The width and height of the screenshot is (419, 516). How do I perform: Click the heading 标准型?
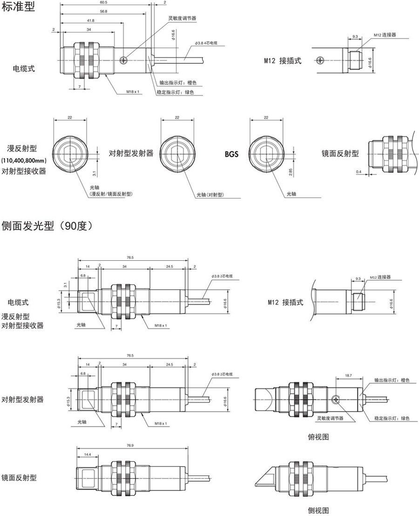pos(18,7)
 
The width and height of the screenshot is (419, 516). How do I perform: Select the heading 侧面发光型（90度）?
pos(48,226)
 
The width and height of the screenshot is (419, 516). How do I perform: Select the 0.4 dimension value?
pos(358,172)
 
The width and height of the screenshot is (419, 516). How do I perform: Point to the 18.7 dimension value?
pos(347,374)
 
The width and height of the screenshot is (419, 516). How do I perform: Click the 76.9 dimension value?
pos(130,445)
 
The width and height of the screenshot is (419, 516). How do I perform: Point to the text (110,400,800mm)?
pos(25,161)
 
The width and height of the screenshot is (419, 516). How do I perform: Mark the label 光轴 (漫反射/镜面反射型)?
pos(111,191)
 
